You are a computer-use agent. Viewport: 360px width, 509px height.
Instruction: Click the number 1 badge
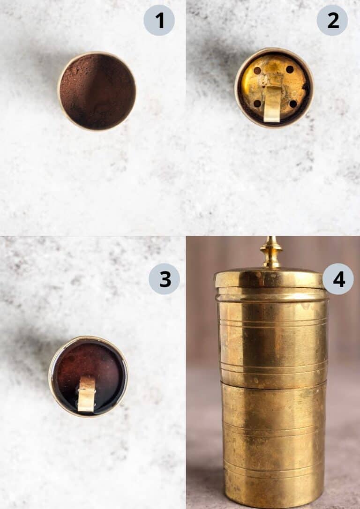click(x=159, y=20)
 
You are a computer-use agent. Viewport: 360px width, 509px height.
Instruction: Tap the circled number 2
click(x=332, y=20)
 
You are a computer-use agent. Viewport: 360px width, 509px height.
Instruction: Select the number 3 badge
click(x=164, y=279)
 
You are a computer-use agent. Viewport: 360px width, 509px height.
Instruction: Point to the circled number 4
click(x=338, y=279)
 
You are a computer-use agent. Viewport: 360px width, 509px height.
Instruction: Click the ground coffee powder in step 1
click(x=97, y=91)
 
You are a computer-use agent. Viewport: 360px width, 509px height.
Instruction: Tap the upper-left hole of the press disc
click(x=257, y=70)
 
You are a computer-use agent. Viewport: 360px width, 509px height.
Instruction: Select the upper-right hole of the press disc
click(x=290, y=69)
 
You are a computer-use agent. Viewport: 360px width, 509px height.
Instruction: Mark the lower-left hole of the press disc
click(x=257, y=104)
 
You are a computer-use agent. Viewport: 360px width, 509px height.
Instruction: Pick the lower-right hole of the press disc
click(x=293, y=104)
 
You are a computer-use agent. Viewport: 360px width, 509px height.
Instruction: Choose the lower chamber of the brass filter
click(x=273, y=445)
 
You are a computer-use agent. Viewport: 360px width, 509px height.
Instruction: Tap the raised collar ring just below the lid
click(x=272, y=295)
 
